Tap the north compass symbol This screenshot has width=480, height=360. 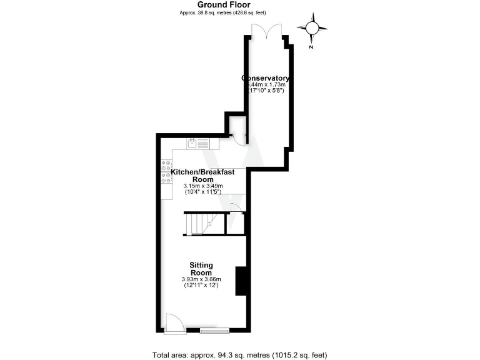(x=312, y=27)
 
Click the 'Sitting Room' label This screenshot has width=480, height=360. (x=201, y=269)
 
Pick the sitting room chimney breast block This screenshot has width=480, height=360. (x=240, y=281)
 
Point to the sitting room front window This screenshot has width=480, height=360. (x=214, y=329)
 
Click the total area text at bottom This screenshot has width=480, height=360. (x=239, y=355)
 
